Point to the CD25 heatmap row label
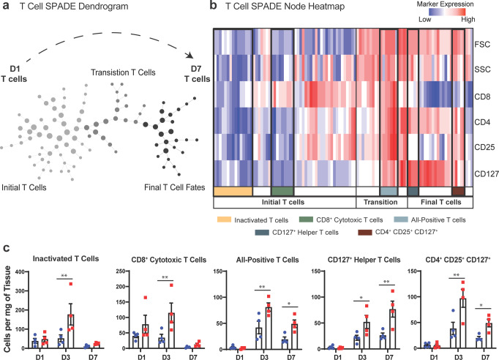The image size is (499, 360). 484,148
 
